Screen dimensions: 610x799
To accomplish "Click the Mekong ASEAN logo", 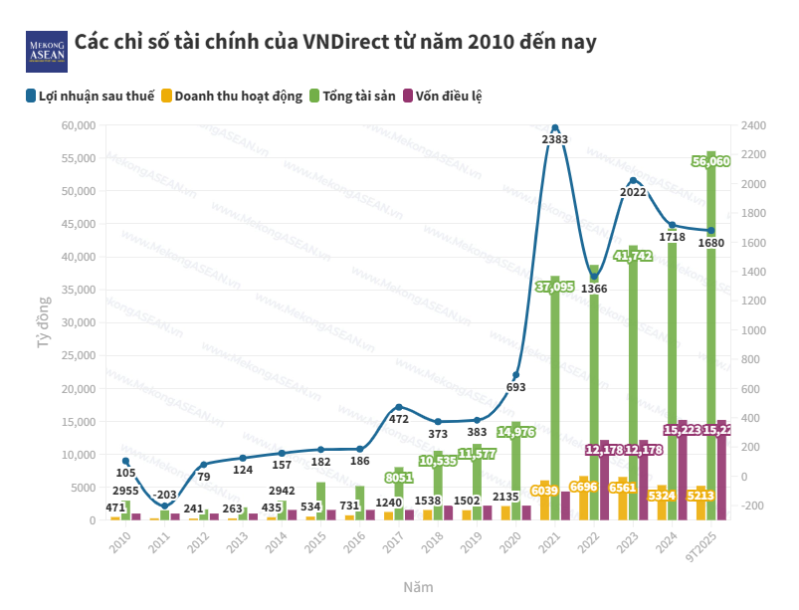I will (47, 50).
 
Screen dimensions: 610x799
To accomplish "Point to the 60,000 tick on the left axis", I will (77, 125).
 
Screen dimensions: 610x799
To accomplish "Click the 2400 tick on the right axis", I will (753, 125).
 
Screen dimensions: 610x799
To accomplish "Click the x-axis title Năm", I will (418, 587).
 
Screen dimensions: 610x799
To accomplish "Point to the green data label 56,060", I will (711, 160).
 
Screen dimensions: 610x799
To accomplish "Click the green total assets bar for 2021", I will (555, 398).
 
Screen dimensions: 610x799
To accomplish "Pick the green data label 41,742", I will (633, 256).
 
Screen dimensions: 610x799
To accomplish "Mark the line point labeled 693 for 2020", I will (515, 375).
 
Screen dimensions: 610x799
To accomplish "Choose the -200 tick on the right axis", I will (751, 507).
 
